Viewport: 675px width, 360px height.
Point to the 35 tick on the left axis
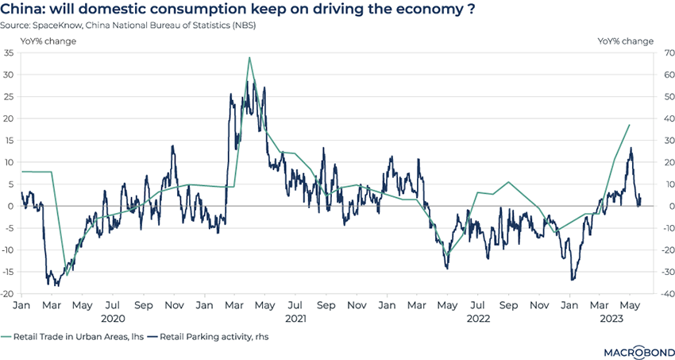click(10, 52)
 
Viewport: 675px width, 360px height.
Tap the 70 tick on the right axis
click(661, 52)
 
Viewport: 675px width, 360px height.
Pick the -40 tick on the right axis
click(661, 293)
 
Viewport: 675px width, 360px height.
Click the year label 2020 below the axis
click(112, 318)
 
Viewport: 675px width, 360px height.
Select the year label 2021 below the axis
click(295, 318)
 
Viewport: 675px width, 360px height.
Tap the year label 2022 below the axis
click(478, 318)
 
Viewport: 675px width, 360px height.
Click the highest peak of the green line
click(249, 57)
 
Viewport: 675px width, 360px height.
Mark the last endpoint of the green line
click(630, 125)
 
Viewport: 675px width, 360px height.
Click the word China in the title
click(24, 10)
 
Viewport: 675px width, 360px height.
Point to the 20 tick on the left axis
click(10, 118)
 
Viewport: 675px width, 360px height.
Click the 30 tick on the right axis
click(661, 140)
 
